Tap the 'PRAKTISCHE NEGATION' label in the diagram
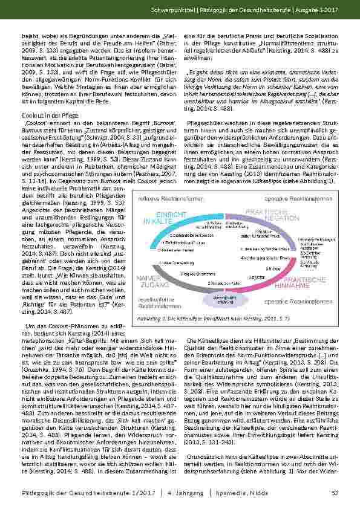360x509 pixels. point(283,213)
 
